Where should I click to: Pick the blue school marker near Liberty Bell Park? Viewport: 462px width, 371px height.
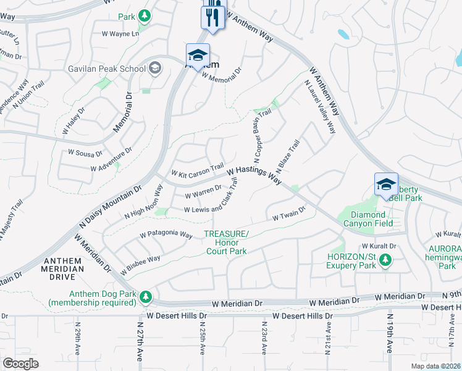click(386, 185)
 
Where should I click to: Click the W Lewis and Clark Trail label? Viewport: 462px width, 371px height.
click(211, 202)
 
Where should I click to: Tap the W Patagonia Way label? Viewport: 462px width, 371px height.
click(166, 234)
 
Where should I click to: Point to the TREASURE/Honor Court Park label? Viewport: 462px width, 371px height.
click(226, 242)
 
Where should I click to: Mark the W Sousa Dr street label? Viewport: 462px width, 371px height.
click(85, 151)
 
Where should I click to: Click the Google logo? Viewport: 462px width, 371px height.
click(20, 364)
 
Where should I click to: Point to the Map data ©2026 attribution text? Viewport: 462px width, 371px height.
click(435, 366)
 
